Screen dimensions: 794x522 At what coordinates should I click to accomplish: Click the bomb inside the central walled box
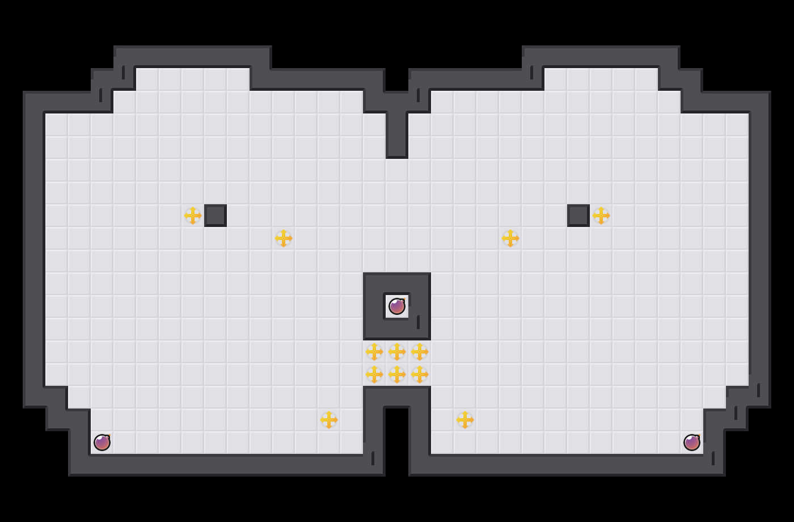(x=397, y=306)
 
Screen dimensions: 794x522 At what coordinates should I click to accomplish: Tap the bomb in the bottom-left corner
(x=102, y=443)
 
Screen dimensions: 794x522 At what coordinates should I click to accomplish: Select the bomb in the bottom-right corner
(x=692, y=443)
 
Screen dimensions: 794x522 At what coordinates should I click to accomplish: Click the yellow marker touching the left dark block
(x=193, y=216)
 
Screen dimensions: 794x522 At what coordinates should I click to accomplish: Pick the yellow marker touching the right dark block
(x=601, y=216)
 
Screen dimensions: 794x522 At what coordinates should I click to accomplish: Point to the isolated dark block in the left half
(x=216, y=216)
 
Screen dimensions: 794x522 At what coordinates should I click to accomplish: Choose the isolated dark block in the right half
(x=578, y=216)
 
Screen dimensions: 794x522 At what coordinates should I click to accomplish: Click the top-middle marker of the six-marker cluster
(x=397, y=352)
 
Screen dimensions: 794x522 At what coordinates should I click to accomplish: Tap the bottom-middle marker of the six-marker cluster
(x=397, y=374)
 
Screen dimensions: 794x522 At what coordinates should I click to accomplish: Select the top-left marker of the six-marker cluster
(x=374, y=352)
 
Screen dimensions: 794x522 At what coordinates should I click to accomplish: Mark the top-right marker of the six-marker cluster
(x=420, y=352)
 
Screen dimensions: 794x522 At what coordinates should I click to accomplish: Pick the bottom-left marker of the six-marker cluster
(x=374, y=374)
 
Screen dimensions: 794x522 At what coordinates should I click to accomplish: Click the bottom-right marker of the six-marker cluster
(x=420, y=374)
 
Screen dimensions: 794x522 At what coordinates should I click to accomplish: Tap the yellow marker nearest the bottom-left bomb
(x=329, y=420)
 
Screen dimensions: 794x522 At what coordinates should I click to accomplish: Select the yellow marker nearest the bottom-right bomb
(x=465, y=420)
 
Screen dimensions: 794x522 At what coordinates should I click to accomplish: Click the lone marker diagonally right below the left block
(x=284, y=238)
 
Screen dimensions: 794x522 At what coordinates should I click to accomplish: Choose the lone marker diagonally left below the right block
(x=510, y=238)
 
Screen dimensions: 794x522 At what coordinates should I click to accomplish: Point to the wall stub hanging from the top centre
(x=397, y=133)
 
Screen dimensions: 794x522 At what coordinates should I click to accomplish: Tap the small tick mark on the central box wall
(x=419, y=322)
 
